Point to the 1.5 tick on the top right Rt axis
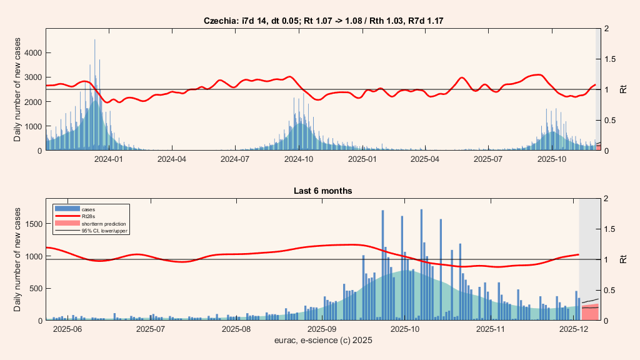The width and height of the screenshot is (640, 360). click(610, 59)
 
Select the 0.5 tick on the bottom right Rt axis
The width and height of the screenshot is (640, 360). click(610, 290)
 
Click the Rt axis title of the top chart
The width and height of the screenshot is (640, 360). click(623, 89)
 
